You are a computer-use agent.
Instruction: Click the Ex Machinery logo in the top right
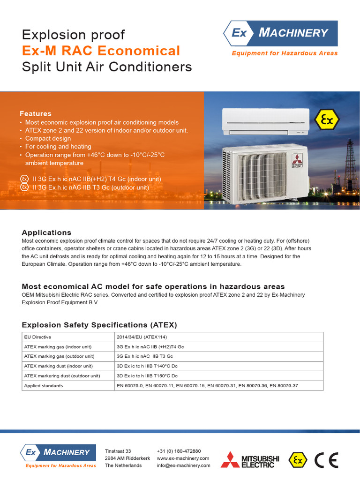point(280,33)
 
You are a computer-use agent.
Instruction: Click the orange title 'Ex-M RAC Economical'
point(101,51)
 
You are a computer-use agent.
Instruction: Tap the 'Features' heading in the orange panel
point(36,113)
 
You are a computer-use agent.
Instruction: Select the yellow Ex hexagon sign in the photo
point(327,120)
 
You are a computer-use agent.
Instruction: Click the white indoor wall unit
point(265,120)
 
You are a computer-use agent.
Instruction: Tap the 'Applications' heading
point(46,232)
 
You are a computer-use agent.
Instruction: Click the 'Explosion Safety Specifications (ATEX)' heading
point(99,325)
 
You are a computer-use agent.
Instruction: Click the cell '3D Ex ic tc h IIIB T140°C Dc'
point(147,366)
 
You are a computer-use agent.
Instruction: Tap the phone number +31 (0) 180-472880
point(179,451)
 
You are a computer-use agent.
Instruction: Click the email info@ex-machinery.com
point(183,465)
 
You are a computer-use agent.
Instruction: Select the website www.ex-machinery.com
point(183,458)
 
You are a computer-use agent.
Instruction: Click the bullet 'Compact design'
point(48,138)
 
